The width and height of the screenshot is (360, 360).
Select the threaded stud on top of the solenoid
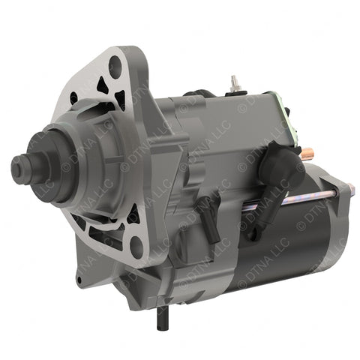pyautogui.click(x=234, y=81)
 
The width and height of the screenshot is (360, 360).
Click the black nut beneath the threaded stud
pyautogui.click(x=234, y=91)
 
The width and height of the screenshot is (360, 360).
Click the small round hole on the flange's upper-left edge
pyautogui.click(x=74, y=97)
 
